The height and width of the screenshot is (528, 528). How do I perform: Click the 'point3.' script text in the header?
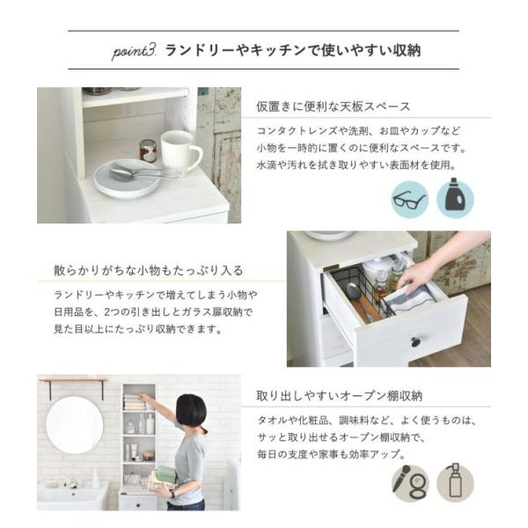[x=134, y=51]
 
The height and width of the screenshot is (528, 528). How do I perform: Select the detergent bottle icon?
[x=456, y=198]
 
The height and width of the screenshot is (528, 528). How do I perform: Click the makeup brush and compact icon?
[x=409, y=482]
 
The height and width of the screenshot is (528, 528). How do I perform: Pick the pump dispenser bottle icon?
[x=455, y=482]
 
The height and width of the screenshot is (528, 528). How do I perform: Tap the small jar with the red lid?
[x=148, y=150]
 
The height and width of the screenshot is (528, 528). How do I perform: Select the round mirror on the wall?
[x=74, y=425]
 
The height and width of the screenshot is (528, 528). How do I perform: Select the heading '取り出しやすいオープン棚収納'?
[x=340, y=397]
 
